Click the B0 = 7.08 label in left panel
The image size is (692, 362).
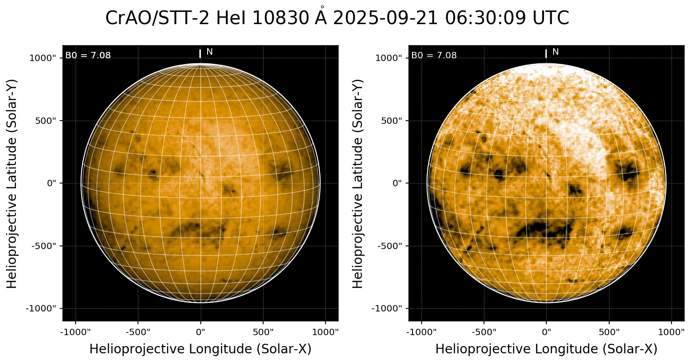click(88, 56)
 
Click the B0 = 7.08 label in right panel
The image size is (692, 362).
click(434, 56)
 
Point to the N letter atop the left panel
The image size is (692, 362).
click(209, 52)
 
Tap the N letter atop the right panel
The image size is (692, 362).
click(555, 52)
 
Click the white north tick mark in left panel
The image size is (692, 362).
click(200, 54)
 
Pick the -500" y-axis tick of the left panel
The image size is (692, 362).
click(46, 246)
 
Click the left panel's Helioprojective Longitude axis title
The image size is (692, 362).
click(200, 349)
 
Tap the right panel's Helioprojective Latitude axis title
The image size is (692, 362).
click(359, 183)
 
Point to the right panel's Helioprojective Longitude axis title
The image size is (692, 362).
click(546, 349)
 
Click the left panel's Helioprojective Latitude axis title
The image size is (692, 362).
click(13, 183)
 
